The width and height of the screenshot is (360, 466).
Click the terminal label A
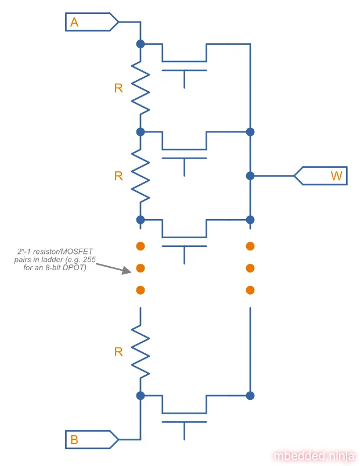[x=74, y=23]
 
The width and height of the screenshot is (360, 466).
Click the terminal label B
[x=74, y=440]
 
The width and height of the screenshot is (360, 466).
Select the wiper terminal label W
[x=336, y=175]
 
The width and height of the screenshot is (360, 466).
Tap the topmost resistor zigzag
[x=141, y=87]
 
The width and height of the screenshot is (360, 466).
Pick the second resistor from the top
[x=141, y=175]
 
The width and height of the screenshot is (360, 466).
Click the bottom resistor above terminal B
[x=141, y=352]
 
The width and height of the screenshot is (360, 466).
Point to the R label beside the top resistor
[x=118, y=88]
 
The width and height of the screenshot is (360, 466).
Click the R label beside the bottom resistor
[x=118, y=352]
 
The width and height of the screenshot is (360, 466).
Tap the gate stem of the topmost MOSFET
[x=185, y=80]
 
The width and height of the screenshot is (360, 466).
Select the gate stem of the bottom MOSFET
[x=185, y=431]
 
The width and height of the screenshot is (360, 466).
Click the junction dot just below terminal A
[x=140, y=44]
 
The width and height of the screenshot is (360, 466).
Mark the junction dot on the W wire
[x=250, y=175]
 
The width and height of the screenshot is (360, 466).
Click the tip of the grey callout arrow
[x=131, y=271]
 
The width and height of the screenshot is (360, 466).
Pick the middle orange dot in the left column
[x=140, y=268]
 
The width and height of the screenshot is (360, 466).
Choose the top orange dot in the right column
[x=250, y=246]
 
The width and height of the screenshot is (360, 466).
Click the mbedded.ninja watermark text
[x=314, y=456]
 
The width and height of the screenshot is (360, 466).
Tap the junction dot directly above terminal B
[x=140, y=396]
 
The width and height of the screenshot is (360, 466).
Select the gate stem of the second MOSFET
[x=185, y=167]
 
